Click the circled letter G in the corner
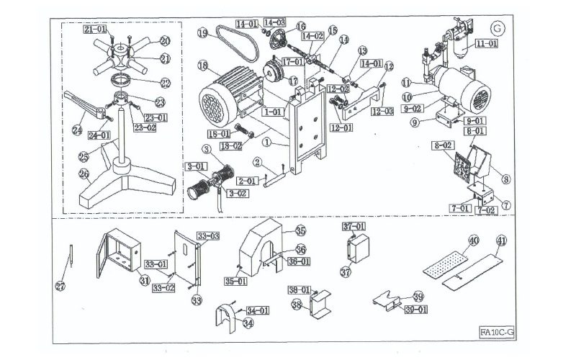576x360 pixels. coord(495,28)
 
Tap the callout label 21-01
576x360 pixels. coord(96,30)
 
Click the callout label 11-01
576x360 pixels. coord(487,44)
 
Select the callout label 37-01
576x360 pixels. coord(354,227)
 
